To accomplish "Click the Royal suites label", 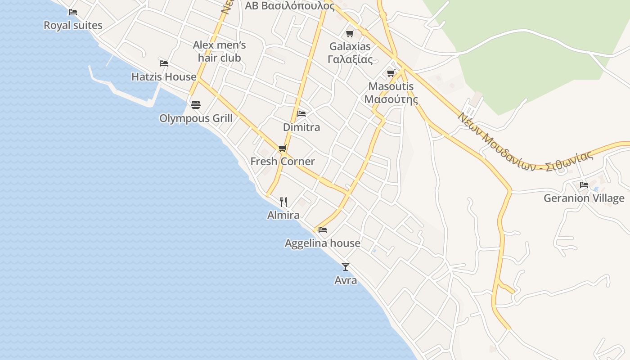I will (73, 25).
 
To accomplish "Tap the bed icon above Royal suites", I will (73, 12).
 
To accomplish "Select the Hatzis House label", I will (164, 77).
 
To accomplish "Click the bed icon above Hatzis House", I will (164, 63).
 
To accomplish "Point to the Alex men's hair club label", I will (220, 51).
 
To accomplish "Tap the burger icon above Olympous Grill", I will (196, 105).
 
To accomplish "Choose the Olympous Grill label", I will (196, 118).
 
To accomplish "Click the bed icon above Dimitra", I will (301, 114).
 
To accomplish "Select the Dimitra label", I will (301, 127).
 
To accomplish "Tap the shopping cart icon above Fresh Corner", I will (283, 148).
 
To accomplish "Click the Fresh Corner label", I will (283, 162).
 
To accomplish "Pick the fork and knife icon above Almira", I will (283, 202).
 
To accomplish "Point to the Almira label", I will (283, 215).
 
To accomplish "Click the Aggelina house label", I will (323, 243).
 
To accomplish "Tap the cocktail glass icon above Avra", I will (346, 267).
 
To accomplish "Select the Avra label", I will (346, 280).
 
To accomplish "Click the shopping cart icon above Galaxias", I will (350, 33).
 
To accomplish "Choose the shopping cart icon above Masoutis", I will (391, 73).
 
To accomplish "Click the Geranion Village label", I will (584, 198).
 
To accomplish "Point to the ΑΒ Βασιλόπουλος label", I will (290, 6).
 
